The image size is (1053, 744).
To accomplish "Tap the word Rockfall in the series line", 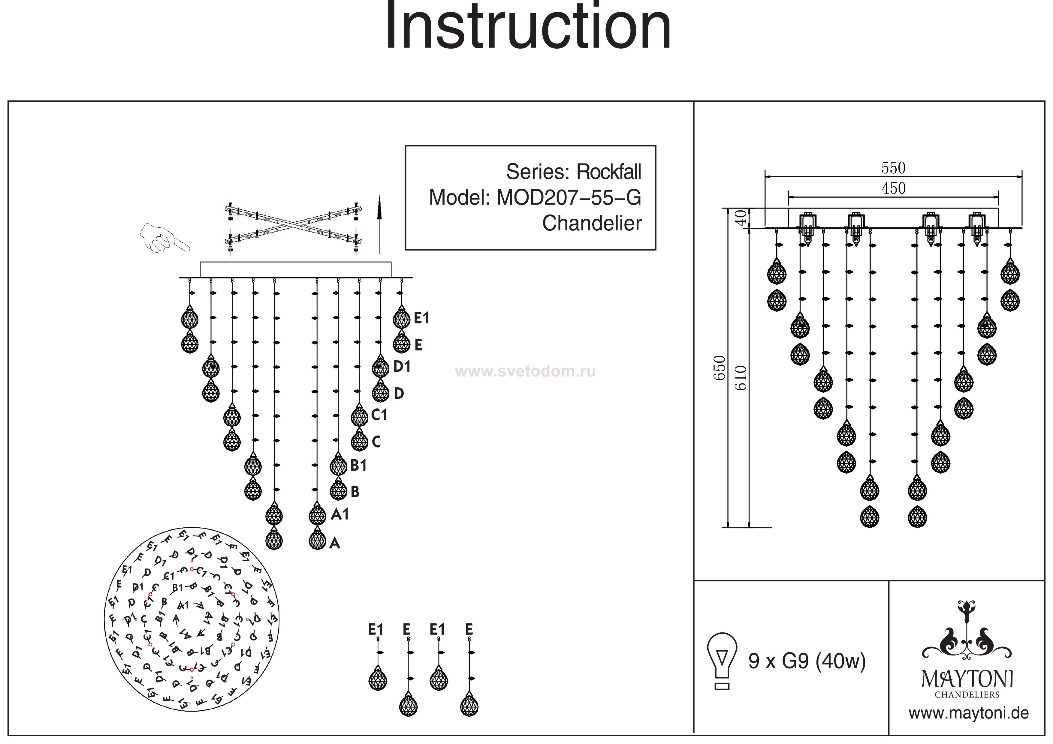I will [608, 172].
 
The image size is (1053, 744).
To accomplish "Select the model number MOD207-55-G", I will [569, 198].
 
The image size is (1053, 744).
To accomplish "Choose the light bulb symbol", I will [722, 660].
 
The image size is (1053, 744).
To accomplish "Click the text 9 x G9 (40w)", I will [807, 661].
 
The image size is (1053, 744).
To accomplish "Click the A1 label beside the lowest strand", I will [340, 514].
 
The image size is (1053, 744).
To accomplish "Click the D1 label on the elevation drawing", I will [402, 366].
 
